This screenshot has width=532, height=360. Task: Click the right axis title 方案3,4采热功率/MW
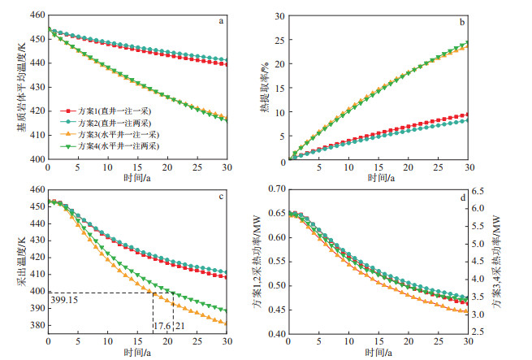517,262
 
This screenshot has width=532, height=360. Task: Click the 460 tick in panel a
36,16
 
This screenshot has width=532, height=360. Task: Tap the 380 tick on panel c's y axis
36,325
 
